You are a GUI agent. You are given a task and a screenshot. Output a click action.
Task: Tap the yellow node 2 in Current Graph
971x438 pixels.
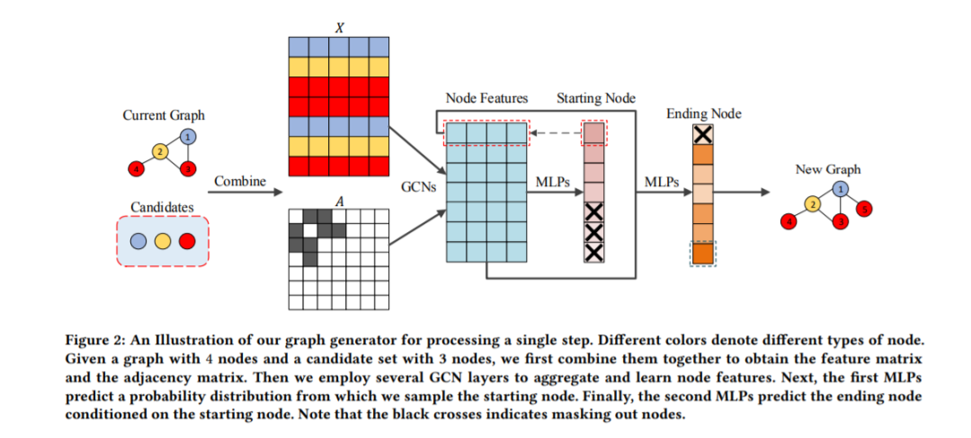(x=159, y=151)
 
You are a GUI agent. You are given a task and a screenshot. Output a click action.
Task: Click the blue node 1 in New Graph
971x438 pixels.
(x=840, y=189)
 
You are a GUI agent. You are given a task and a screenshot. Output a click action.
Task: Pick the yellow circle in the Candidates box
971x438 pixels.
(x=163, y=241)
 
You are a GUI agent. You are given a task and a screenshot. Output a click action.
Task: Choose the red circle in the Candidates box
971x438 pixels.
(x=186, y=241)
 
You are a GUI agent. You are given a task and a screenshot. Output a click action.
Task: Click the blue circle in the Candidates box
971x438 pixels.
(x=138, y=241)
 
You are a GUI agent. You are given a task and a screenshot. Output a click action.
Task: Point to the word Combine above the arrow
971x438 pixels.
(x=240, y=181)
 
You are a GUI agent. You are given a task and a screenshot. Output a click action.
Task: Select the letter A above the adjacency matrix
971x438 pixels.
(x=338, y=202)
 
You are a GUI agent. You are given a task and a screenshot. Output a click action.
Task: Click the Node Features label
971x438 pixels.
(x=486, y=98)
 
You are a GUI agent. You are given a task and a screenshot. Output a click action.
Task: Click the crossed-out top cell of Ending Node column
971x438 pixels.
(x=703, y=135)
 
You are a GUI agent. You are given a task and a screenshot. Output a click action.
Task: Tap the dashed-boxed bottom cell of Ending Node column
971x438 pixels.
(x=703, y=254)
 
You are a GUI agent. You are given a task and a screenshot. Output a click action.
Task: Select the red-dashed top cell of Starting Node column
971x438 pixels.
(x=594, y=133)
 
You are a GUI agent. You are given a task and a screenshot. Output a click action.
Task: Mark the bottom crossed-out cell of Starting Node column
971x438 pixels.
(x=594, y=252)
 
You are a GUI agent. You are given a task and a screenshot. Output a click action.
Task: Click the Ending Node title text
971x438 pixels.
(x=704, y=114)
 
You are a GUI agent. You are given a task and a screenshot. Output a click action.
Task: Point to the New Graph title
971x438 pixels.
(x=827, y=169)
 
